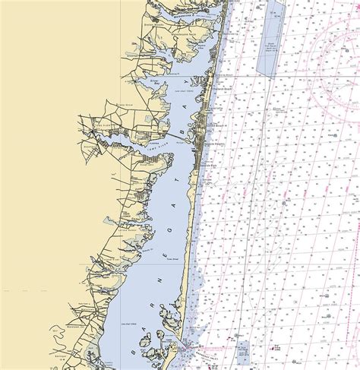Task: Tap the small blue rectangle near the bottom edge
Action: coord(243,350)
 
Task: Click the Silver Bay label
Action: coord(157,79)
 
